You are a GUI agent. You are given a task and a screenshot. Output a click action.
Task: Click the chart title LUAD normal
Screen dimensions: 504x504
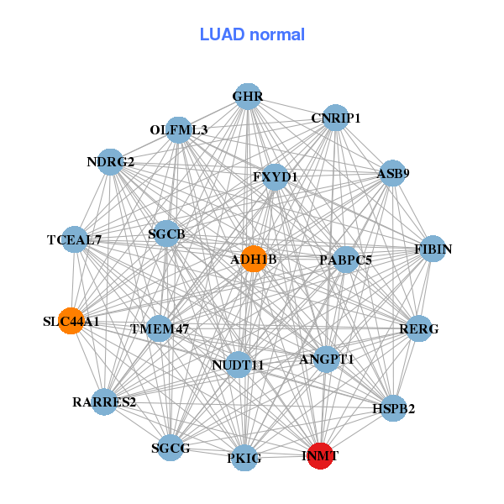click(x=252, y=34)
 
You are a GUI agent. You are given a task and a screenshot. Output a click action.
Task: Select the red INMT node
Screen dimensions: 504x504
click(x=320, y=455)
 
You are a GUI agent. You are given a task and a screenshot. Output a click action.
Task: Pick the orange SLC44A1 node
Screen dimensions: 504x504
click(x=71, y=321)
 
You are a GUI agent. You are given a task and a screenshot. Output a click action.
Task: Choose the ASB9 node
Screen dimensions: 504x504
click(x=392, y=174)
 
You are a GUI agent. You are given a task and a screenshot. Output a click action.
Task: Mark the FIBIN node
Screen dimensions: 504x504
click(x=433, y=249)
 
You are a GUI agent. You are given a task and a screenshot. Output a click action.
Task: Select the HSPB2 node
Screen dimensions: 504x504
click(x=393, y=408)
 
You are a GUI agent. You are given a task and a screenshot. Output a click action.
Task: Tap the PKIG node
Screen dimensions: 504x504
click(x=244, y=457)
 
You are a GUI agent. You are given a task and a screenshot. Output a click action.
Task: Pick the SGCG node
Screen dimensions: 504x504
click(x=171, y=447)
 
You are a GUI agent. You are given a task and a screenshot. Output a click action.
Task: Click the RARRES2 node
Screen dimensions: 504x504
click(x=105, y=402)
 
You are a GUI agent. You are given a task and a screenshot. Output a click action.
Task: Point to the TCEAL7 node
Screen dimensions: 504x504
click(x=75, y=239)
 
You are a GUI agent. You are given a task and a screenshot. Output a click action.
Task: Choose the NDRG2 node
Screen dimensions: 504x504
click(x=111, y=161)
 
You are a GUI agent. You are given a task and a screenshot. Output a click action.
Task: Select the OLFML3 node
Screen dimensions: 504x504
click(x=178, y=130)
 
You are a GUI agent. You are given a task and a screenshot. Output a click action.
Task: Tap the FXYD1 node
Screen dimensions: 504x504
click(x=275, y=177)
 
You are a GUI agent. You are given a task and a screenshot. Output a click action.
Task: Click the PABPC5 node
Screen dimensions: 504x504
click(x=345, y=260)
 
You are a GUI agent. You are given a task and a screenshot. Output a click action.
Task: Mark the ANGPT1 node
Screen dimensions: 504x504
click(x=326, y=359)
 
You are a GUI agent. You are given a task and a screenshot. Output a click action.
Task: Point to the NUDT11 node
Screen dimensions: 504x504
click(x=239, y=365)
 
